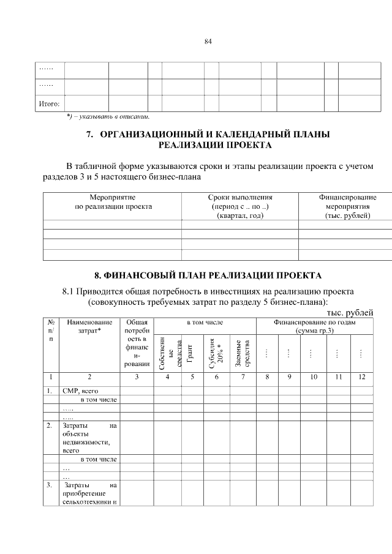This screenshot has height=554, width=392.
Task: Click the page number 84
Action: [208, 42]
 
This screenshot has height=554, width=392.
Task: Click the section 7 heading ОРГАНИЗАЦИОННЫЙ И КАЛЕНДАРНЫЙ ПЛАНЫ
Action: [214, 134]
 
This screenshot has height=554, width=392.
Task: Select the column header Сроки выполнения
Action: [240, 198]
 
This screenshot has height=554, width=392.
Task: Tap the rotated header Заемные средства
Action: [241, 353]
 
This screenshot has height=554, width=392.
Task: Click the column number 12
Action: [361, 377]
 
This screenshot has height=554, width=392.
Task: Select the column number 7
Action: [243, 377]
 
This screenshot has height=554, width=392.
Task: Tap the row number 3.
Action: [49, 485]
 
